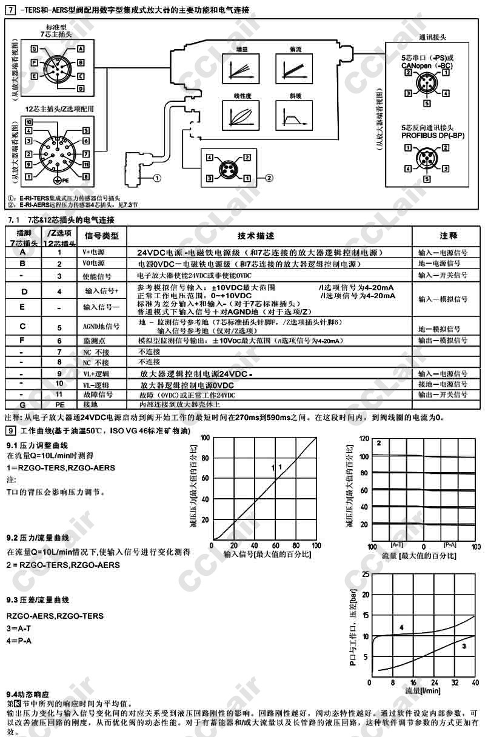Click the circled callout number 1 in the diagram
[157, 178]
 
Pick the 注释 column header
[448, 235]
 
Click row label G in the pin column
[22, 404]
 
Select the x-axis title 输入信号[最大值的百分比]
[267, 554]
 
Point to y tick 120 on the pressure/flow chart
[364, 438]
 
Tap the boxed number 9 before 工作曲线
[10, 430]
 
